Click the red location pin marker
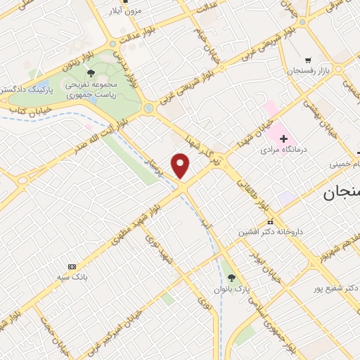pos(181,166)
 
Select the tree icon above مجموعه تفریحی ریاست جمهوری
pos(90,72)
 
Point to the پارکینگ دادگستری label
pos(26,89)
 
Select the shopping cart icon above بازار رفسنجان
pos(308,60)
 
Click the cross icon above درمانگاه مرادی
pos(283,139)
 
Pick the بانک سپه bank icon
pos(72,266)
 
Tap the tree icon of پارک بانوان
pos(232,277)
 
